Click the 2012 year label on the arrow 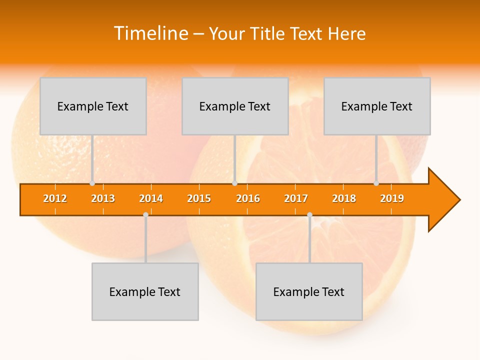[x=55, y=198]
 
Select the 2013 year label [x=103, y=198]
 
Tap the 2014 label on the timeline [x=151, y=198]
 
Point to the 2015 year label [x=199, y=198]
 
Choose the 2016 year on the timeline [x=248, y=198]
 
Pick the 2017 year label [x=296, y=198]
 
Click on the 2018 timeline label [x=344, y=198]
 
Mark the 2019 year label [x=392, y=198]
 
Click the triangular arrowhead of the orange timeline [x=443, y=200]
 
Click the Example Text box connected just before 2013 [x=93, y=106]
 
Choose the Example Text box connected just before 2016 [x=235, y=106]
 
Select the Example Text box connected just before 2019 [x=377, y=106]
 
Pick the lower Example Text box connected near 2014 [x=145, y=291]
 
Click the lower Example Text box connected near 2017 [x=309, y=291]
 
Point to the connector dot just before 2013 [x=92, y=183]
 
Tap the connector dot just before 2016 [x=234, y=183]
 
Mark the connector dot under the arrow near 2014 [x=145, y=215]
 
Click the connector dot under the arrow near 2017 [x=309, y=215]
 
